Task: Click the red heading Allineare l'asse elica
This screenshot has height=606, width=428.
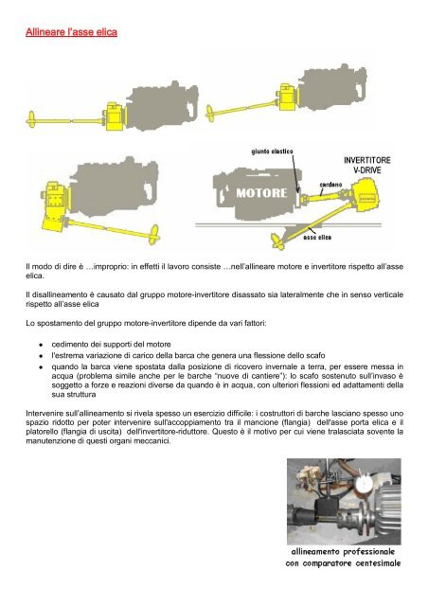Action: pos(71,32)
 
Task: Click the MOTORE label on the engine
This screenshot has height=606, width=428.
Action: pos(261,192)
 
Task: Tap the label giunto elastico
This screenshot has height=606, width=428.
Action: pos(272,151)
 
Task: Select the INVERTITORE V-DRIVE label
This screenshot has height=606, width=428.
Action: pos(366,165)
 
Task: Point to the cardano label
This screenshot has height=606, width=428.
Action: pos(330,185)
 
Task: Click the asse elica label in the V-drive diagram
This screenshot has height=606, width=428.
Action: pos(317,238)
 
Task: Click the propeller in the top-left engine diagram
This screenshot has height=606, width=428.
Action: pos(31,119)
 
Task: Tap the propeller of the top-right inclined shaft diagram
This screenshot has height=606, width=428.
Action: pos(210,113)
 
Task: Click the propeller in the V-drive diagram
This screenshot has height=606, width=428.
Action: pos(277,241)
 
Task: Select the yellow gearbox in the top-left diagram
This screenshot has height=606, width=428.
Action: pos(114,116)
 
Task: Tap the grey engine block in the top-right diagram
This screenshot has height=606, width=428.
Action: pos(333,87)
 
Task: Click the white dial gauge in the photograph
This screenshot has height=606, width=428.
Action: pos(364,482)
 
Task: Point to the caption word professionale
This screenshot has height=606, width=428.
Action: pos(369,552)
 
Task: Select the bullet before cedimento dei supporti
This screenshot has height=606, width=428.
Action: pos(40,345)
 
